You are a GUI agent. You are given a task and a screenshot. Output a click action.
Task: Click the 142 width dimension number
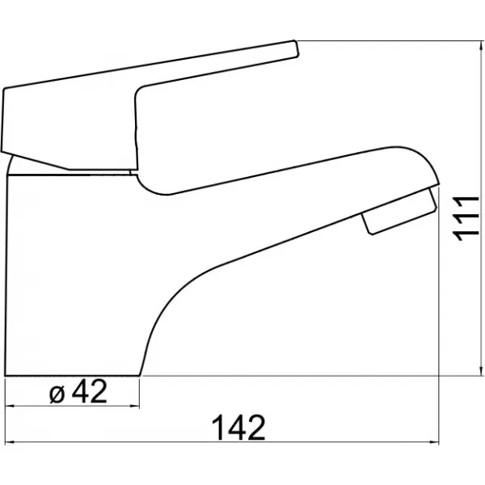coord(238,428)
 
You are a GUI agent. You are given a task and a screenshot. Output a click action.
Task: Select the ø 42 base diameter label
coord(78,392)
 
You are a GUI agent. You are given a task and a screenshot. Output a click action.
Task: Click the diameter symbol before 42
coord(57,395)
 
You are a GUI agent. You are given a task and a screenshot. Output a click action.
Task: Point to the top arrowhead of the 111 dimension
coord(481,46)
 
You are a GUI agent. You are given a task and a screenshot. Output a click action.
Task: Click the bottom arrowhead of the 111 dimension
coord(481,370)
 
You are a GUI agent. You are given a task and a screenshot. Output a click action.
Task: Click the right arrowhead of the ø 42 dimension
coord(134,406)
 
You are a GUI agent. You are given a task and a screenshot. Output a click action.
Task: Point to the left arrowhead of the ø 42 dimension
coord(11,406)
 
